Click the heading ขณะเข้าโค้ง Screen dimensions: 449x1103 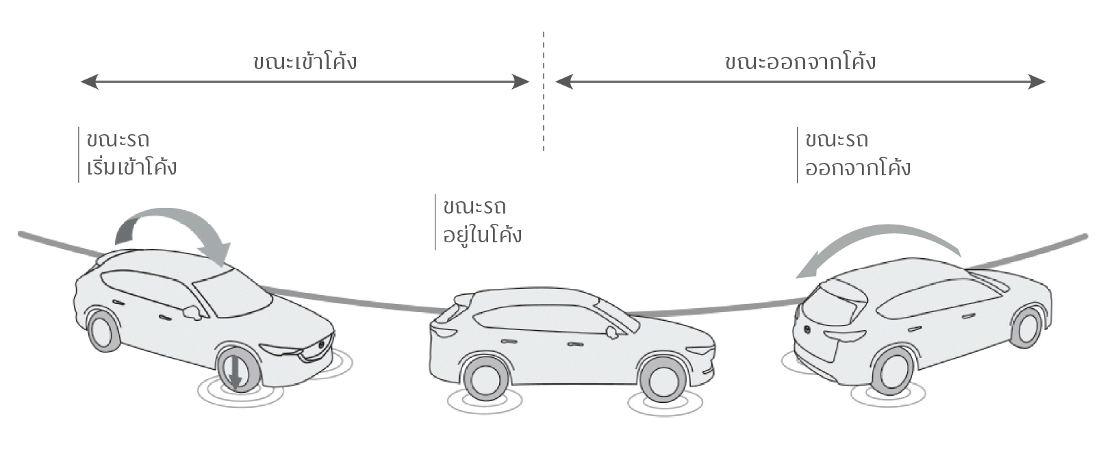coord(305,62)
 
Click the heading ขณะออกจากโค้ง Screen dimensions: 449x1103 coord(800,62)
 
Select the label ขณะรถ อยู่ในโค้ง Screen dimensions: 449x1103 coord(482,221)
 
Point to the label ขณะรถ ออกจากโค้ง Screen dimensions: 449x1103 coord(857,153)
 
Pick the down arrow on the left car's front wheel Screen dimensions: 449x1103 coord(235,373)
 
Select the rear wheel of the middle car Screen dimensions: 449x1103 coord(485,379)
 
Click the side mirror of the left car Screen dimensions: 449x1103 coord(192,312)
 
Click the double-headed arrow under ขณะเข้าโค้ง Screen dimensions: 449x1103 coord(305,82)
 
